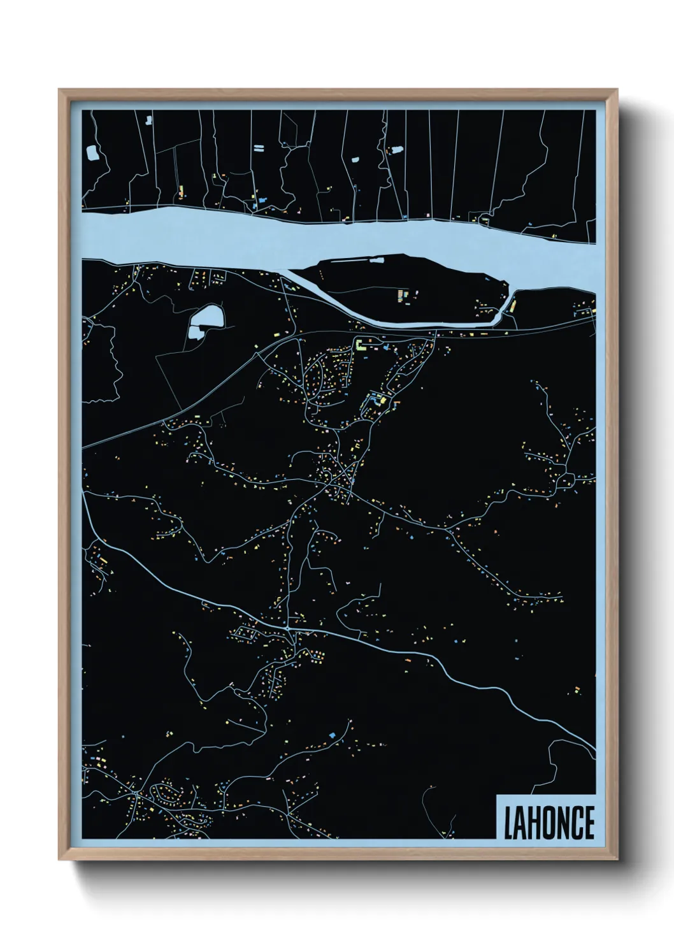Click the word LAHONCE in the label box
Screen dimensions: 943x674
549,823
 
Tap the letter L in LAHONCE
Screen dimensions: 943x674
508,823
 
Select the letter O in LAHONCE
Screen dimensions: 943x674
547,823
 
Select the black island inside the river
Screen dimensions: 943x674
408,287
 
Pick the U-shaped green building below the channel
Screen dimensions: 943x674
361,345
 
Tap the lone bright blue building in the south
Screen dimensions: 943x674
331,735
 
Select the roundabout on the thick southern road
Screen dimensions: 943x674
290,629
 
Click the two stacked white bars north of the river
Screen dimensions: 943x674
259,148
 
